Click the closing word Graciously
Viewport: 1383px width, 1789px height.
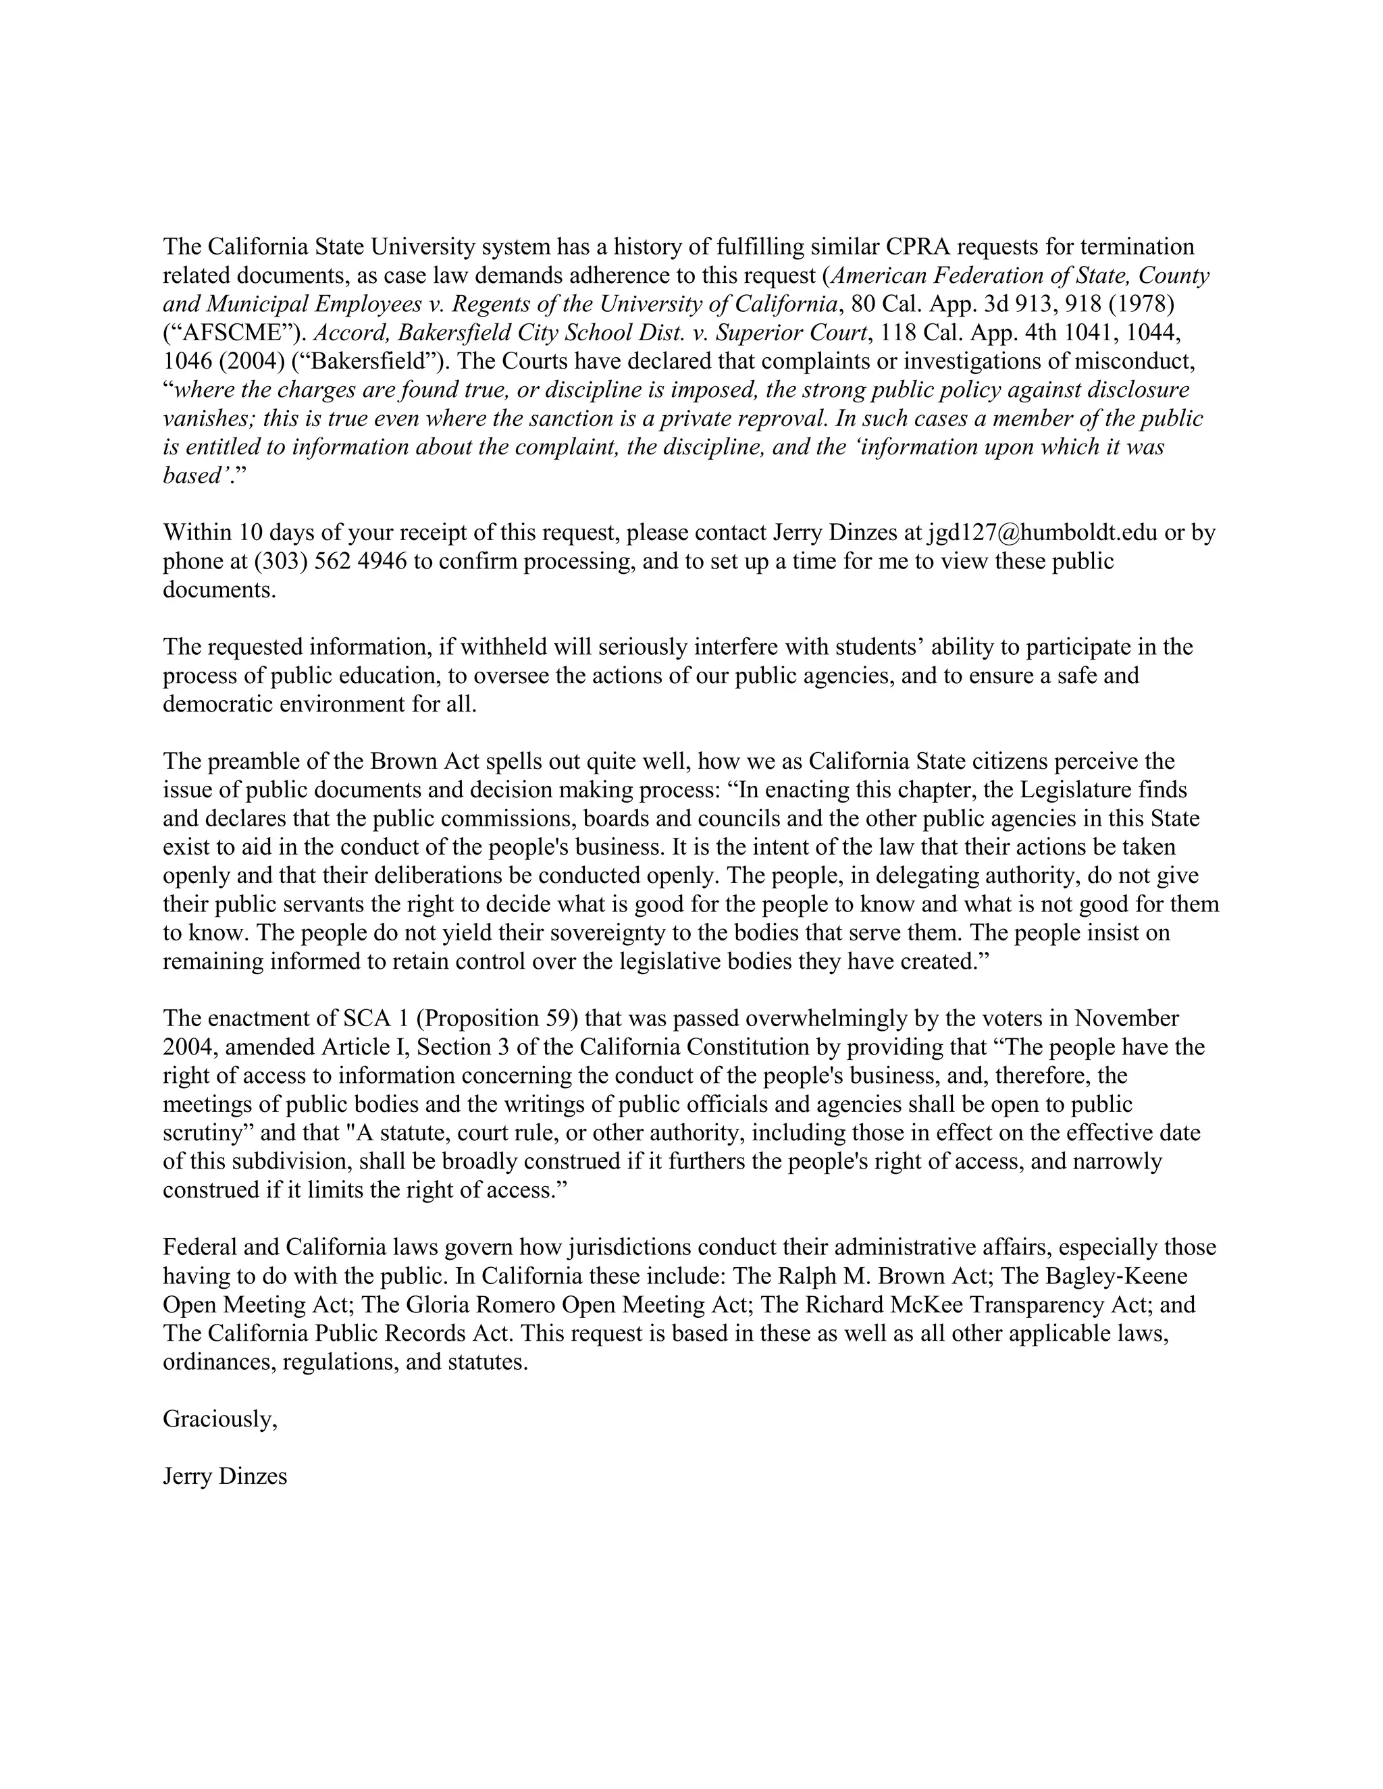219,1420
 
